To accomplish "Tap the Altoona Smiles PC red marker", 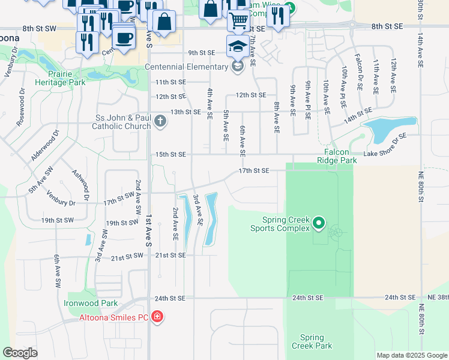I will tap(158, 316).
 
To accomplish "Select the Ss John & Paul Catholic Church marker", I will tap(160, 122).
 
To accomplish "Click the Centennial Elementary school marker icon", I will tap(238, 66).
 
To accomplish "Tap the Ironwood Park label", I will tap(91, 304).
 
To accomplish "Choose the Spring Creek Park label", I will tap(312, 341).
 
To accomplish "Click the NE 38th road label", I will tap(435, 298).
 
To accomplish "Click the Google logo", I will tap(20, 353).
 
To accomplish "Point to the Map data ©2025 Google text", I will tap(411, 355).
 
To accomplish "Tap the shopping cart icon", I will tap(239, 22).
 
